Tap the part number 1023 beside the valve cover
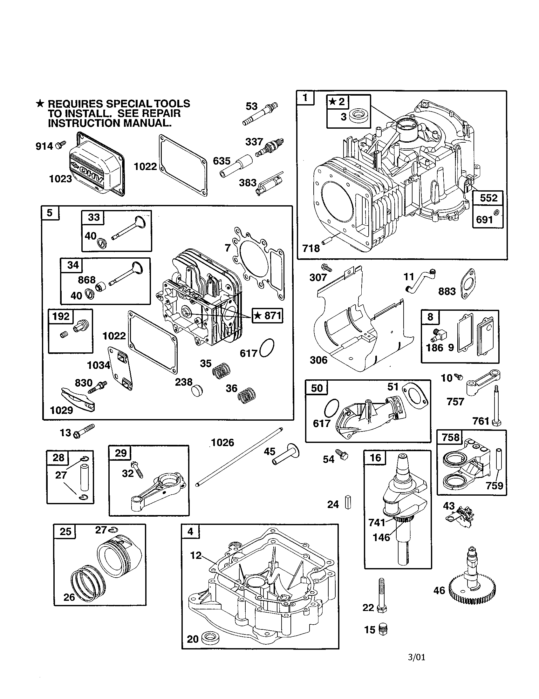[60, 179]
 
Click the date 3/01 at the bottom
[417, 657]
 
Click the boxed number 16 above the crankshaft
[375, 458]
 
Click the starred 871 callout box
[267, 316]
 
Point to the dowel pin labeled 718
[328, 240]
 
